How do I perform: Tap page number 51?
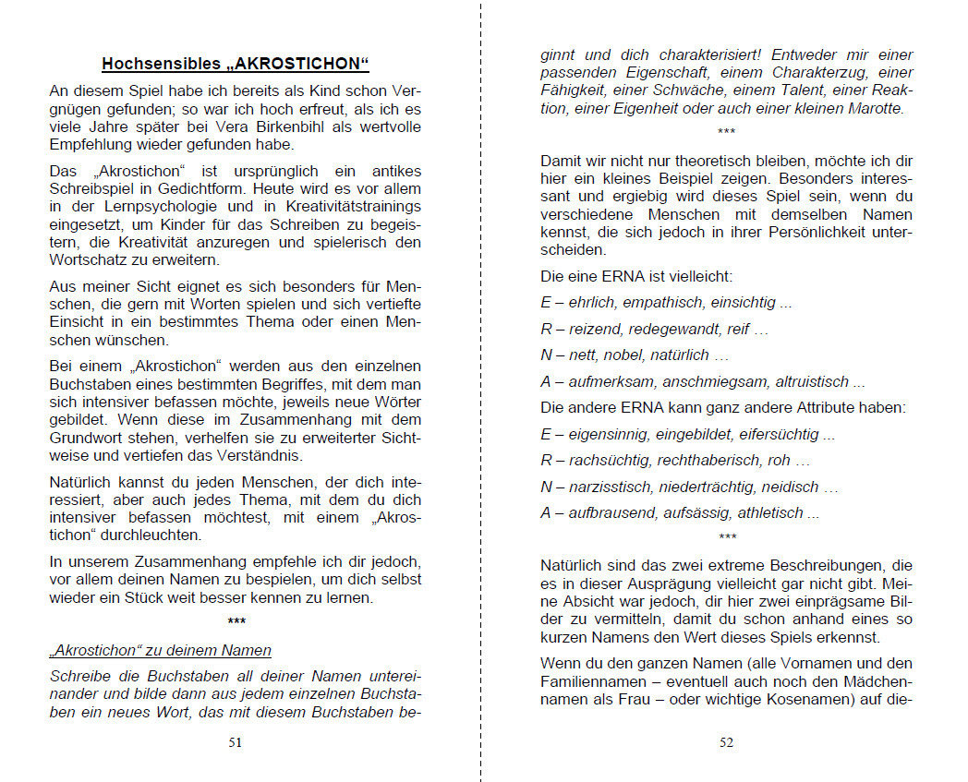(235, 741)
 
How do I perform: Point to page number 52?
(726, 741)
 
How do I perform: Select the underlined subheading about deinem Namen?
(160, 650)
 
